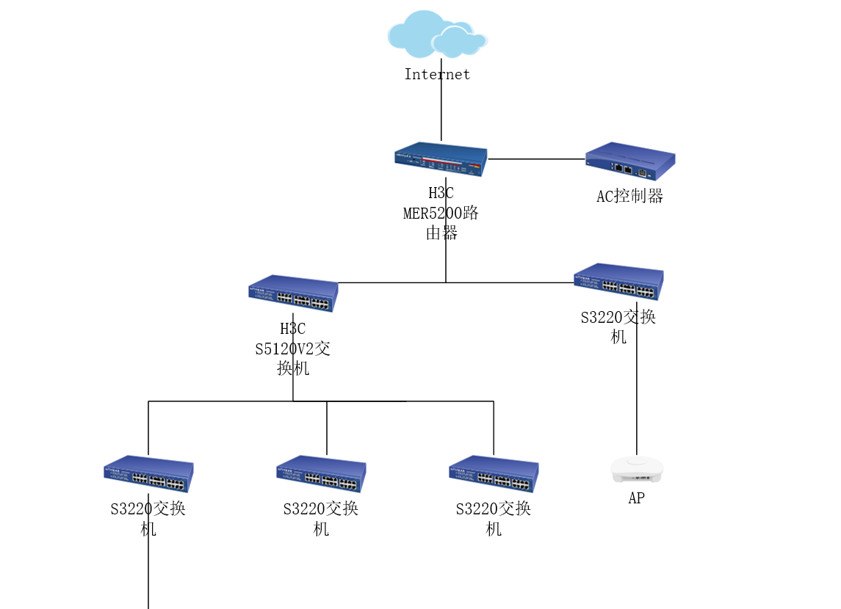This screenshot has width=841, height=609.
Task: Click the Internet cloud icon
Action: tap(436, 34)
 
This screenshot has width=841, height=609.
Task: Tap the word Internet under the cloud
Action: tap(437, 74)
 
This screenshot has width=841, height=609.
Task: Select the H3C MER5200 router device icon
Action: tap(441, 159)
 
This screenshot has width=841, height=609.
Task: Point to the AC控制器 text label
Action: tap(630, 196)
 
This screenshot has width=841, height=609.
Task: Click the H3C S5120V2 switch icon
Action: tap(293, 293)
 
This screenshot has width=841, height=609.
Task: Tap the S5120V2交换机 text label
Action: tap(293, 349)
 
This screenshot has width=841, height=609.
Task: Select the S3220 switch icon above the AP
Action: tap(618, 281)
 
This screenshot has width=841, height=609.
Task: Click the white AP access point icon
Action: tap(637, 470)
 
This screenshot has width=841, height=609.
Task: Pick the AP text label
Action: tap(637, 499)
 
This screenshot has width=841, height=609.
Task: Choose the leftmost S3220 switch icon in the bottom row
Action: tap(148, 473)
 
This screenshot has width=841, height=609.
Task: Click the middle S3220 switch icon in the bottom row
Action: tap(321, 473)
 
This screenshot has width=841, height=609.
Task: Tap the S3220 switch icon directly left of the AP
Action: tap(494, 473)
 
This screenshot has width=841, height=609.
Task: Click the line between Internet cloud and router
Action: tap(441, 110)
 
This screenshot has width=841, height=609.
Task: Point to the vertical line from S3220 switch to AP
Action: tap(637, 389)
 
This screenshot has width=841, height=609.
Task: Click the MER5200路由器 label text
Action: tap(441, 214)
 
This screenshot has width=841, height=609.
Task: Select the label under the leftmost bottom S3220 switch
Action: tap(148, 518)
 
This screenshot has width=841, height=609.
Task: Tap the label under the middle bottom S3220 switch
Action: tap(321, 518)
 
